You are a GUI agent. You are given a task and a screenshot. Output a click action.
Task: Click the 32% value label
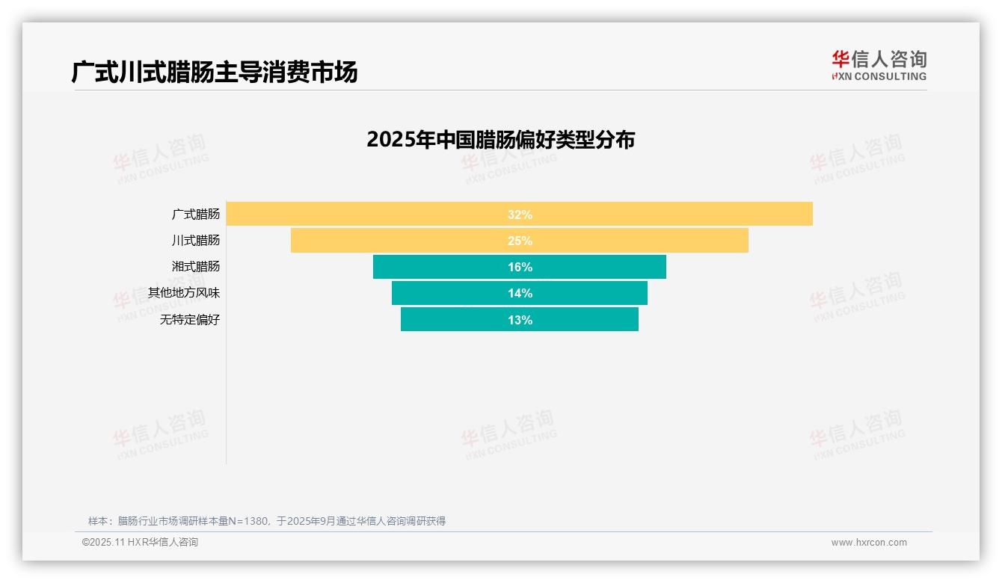coord(520,215)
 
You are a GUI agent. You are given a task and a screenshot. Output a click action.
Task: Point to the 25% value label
coord(520,241)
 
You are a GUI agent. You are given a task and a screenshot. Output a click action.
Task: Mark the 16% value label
coord(520,267)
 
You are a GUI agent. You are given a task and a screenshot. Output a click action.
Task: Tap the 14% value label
coord(520,293)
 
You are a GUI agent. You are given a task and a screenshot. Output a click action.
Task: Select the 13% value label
coord(520,320)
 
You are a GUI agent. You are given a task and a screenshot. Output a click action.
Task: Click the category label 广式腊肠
coord(196,214)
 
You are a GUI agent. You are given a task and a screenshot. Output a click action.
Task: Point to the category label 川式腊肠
coord(196,241)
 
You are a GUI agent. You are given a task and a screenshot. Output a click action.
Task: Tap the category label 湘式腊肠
coord(196,266)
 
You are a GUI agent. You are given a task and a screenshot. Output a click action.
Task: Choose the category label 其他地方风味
coord(184,293)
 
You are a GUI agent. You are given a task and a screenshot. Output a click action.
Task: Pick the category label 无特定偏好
coord(190,320)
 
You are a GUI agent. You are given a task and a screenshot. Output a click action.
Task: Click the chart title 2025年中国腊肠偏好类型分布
coord(500,140)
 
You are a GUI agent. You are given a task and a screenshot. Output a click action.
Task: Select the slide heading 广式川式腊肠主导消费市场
coord(215,72)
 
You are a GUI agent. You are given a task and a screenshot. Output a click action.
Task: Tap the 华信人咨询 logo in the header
coord(879,65)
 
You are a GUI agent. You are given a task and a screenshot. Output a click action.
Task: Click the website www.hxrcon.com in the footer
coord(869,543)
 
